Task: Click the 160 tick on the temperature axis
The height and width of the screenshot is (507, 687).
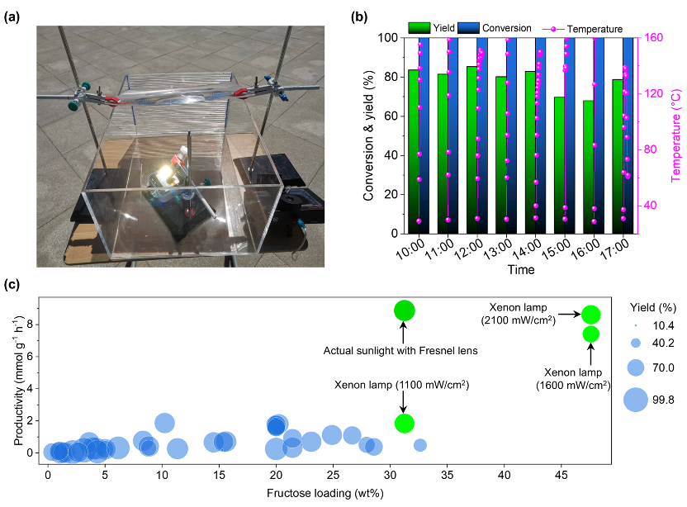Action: pos(650,38)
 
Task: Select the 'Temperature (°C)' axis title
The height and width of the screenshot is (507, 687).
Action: pos(676,135)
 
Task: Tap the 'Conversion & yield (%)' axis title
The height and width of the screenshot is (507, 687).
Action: pos(369,135)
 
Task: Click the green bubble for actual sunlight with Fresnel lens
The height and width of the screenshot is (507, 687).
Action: pos(404,310)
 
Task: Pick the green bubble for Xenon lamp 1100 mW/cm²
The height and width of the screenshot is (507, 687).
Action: pos(404,423)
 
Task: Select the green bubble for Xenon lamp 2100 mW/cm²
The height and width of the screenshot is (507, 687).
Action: pos(590,314)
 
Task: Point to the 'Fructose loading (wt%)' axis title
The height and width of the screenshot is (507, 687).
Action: pos(324,493)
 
